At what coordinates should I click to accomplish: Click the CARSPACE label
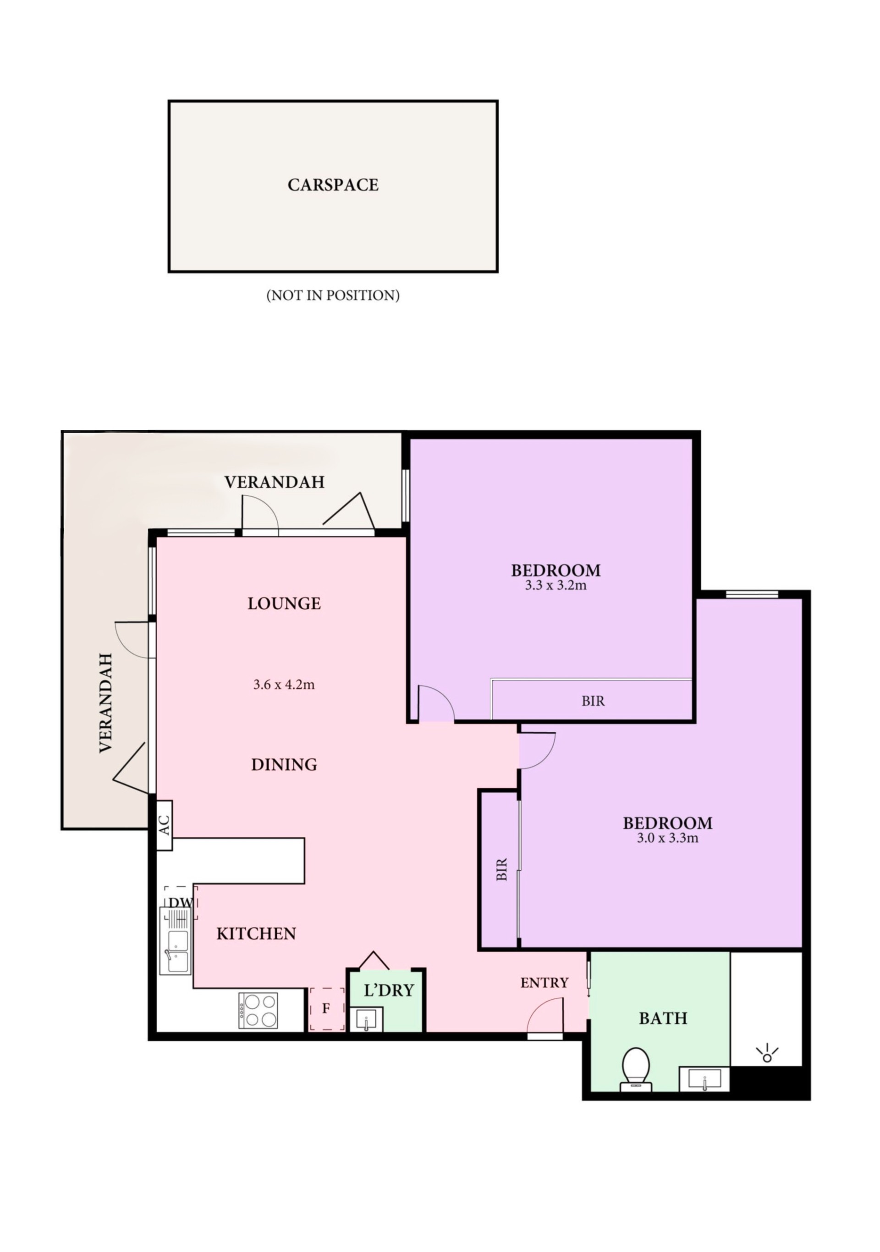(333, 185)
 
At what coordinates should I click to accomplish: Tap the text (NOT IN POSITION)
(333, 295)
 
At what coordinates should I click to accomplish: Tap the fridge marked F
(326, 1009)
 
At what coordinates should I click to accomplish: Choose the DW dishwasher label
(181, 902)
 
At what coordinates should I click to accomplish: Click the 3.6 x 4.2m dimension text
(284, 685)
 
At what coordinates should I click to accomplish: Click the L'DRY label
(389, 990)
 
